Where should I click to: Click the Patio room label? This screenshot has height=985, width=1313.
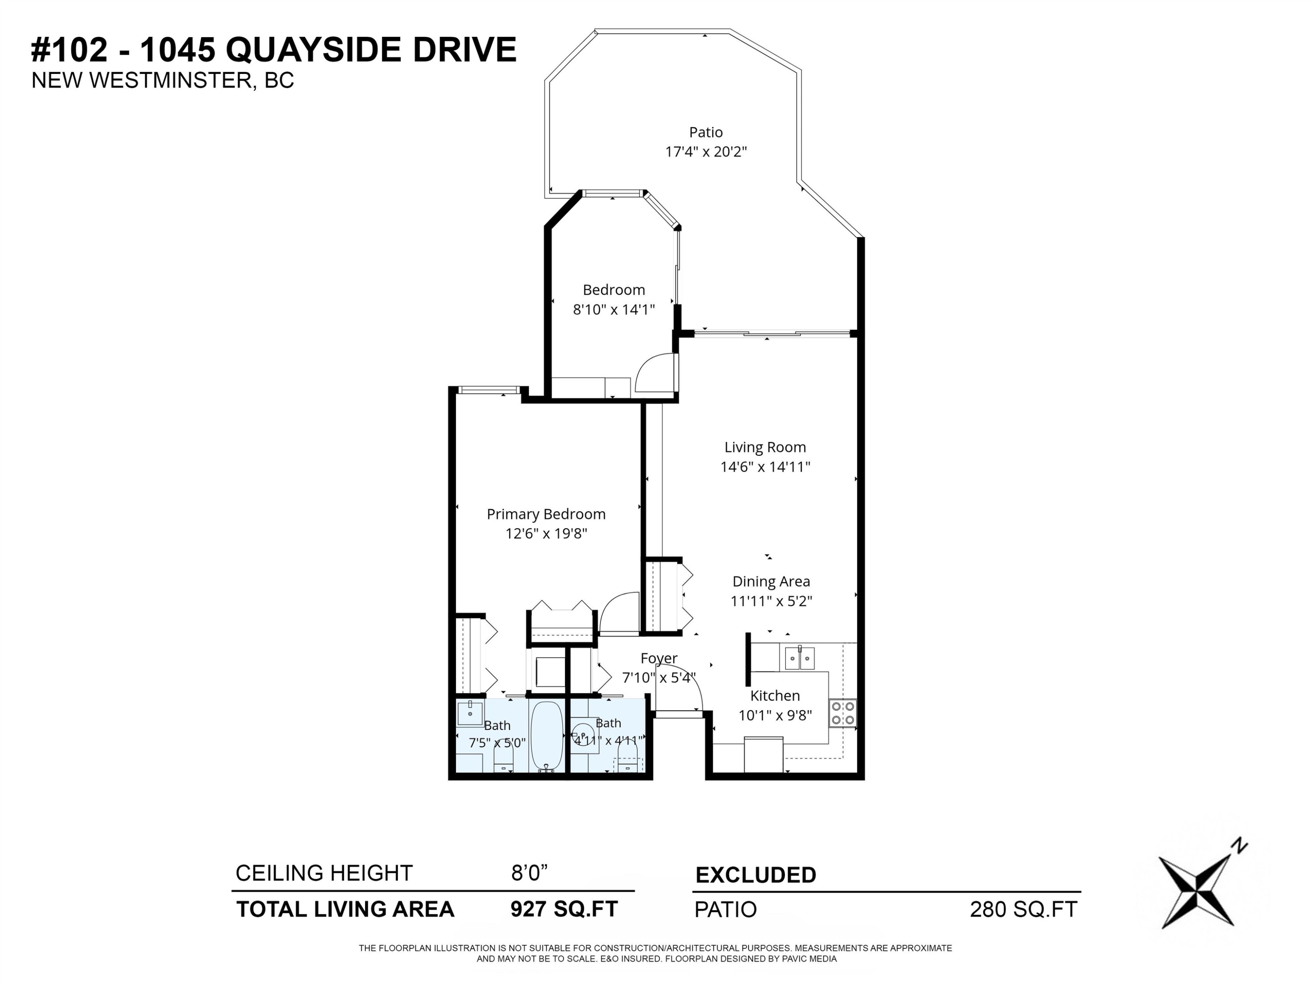click(x=706, y=132)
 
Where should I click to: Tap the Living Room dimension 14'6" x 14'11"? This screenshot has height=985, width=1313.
click(x=765, y=467)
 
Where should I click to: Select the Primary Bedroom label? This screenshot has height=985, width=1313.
click(x=546, y=514)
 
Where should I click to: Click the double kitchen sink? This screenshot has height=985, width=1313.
click(x=800, y=658)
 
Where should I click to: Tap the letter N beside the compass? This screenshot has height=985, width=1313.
click(x=1239, y=845)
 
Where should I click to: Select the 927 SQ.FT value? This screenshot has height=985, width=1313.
click(x=564, y=908)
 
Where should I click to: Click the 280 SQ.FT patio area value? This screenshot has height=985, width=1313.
click(x=1023, y=909)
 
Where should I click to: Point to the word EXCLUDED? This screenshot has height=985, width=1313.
click(x=755, y=875)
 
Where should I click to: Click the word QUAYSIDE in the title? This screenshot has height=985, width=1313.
click(x=315, y=49)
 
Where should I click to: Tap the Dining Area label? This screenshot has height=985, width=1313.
click(x=771, y=581)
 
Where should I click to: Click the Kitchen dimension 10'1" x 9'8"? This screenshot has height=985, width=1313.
click(x=775, y=715)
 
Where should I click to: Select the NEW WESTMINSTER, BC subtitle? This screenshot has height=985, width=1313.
click(x=163, y=80)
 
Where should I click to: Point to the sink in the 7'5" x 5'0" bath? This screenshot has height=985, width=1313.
click(x=470, y=712)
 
